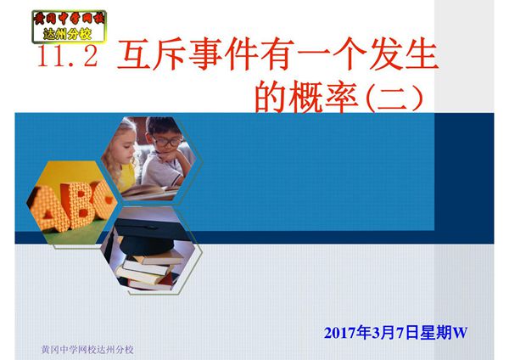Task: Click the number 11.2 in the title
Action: click(69, 57)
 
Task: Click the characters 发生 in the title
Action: click(406, 57)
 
